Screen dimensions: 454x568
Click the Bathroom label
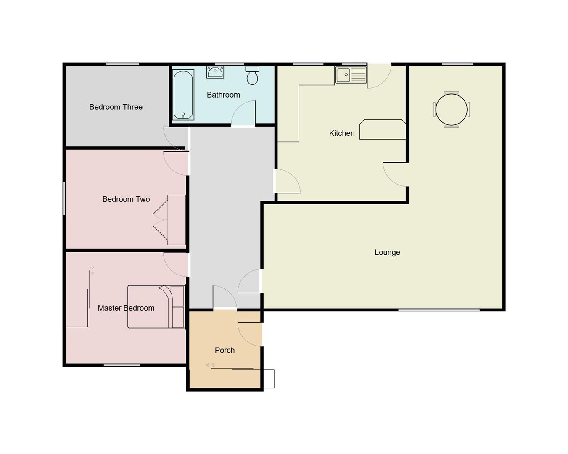click(223, 95)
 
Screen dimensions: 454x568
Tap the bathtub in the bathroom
click(183, 95)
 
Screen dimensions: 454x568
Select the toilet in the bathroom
click(252, 76)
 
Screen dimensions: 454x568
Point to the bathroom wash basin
click(215, 72)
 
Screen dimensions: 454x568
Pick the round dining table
click(452, 109)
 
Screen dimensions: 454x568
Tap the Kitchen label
click(342, 133)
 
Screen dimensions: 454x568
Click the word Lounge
click(387, 252)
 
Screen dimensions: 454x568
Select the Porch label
click(225, 350)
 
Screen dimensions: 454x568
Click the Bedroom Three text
click(116, 107)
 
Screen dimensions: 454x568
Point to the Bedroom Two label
click(126, 199)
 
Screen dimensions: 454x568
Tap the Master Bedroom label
click(126, 308)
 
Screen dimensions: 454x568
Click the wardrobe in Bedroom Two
click(176, 220)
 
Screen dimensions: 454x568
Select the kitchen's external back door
click(379, 76)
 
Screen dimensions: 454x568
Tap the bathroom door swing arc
click(243, 113)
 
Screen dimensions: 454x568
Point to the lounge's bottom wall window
click(439, 310)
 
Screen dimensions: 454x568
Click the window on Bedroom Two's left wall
click(64, 198)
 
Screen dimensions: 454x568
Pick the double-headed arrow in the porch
click(211, 365)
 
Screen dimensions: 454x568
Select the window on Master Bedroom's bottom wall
click(122, 365)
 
